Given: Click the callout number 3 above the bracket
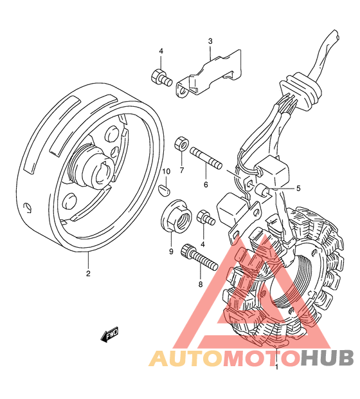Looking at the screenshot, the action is (210, 41).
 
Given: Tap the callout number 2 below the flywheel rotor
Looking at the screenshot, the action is (88, 274).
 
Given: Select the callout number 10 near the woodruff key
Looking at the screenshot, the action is (166, 172).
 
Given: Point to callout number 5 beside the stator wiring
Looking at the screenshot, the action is (298, 189).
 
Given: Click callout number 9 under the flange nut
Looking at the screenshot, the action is (171, 252).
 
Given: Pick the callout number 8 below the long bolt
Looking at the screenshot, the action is (201, 284).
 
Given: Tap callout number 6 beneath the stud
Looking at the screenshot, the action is (206, 185).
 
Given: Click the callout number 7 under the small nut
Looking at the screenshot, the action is (181, 171).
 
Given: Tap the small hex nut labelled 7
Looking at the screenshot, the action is (181, 144).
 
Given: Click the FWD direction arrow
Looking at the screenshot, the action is (110, 334).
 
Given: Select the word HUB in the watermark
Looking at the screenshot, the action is (327, 358).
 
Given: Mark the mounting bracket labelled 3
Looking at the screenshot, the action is (208, 75).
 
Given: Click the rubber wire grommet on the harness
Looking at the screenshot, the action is (300, 91).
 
